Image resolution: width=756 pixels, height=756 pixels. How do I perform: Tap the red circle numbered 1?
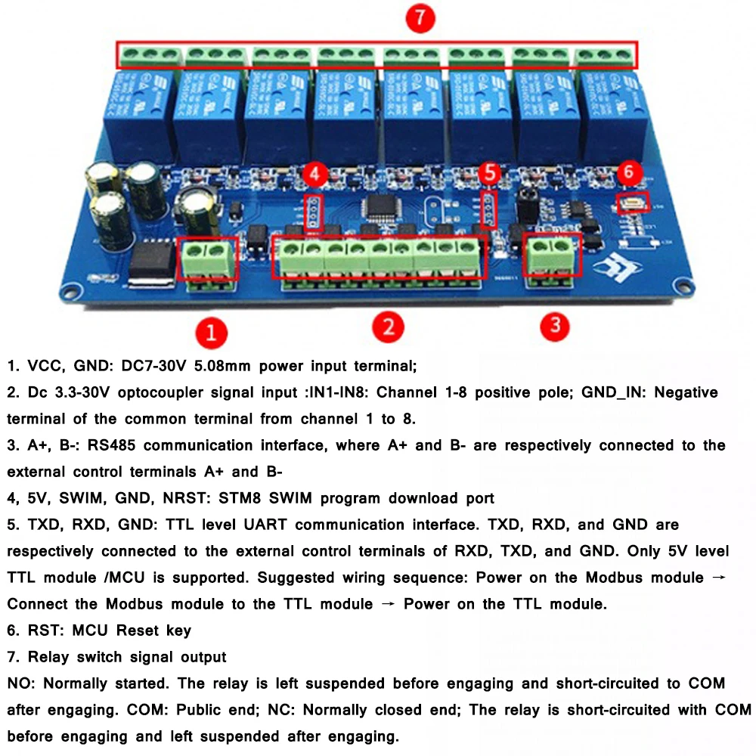211,333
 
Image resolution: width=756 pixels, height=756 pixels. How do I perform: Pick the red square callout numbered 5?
491,173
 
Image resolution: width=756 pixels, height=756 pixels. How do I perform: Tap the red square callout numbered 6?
629,172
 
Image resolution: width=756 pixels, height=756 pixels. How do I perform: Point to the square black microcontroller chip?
377,209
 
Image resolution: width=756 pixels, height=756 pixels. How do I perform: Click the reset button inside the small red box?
628,203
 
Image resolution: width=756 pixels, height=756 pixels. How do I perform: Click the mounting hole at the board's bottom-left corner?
71,290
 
